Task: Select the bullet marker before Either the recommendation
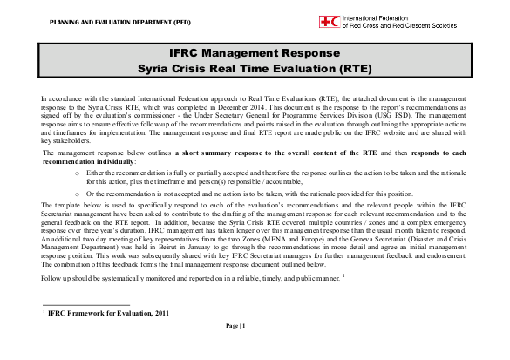(78, 172)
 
